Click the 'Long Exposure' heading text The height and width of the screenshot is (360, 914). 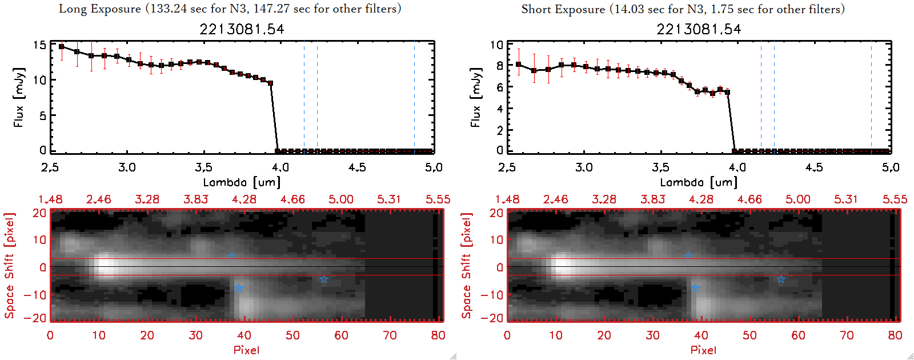[100, 9]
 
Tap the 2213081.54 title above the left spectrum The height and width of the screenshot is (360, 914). [242, 29]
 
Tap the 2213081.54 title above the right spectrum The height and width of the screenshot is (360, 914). [699, 29]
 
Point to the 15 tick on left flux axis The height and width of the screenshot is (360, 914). [39, 45]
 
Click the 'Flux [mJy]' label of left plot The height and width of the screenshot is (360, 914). [19, 97]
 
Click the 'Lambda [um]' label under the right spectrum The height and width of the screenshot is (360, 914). [699, 182]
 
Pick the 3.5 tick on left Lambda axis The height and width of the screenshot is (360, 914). [203, 167]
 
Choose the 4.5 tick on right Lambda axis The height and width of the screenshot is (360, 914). [814, 167]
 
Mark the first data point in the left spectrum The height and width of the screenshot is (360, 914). [62, 47]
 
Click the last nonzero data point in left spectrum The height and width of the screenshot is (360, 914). [270, 83]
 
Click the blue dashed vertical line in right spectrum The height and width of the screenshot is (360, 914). [761, 97]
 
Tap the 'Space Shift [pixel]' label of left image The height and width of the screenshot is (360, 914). [9, 266]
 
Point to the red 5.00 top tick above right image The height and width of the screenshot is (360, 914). [797, 199]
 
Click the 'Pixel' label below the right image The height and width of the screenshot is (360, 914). [703, 350]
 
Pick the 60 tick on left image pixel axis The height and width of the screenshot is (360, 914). [341, 335]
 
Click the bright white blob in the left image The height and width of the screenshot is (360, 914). [105, 266]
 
